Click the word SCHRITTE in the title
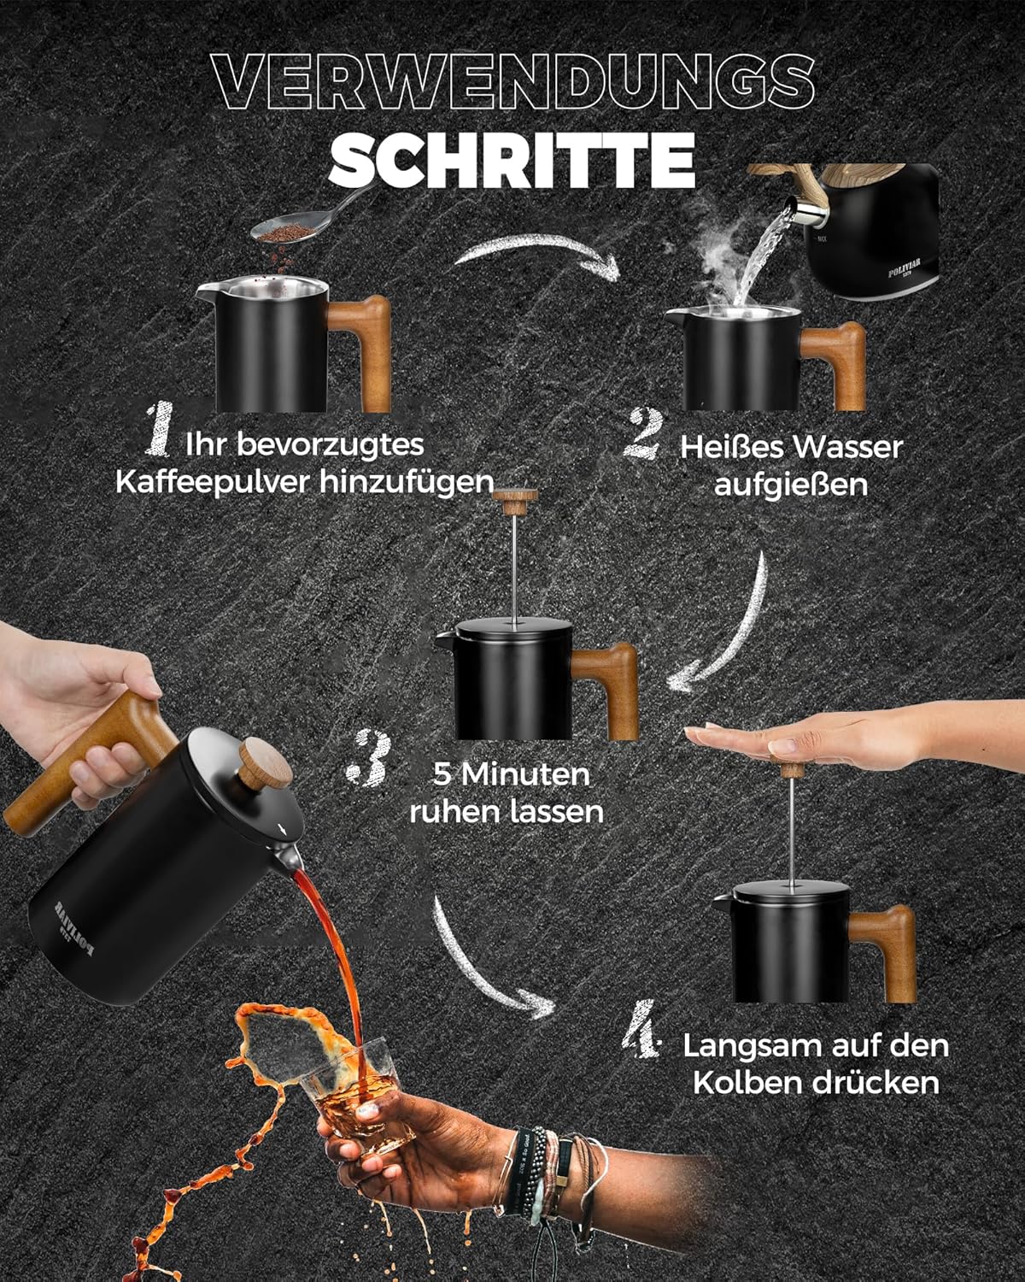click(512, 159)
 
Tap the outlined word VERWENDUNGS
click(513, 82)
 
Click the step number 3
click(369, 757)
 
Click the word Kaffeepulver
click(213, 482)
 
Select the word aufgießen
click(790, 485)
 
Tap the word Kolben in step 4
click(748, 1082)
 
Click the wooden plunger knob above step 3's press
click(515, 502)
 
